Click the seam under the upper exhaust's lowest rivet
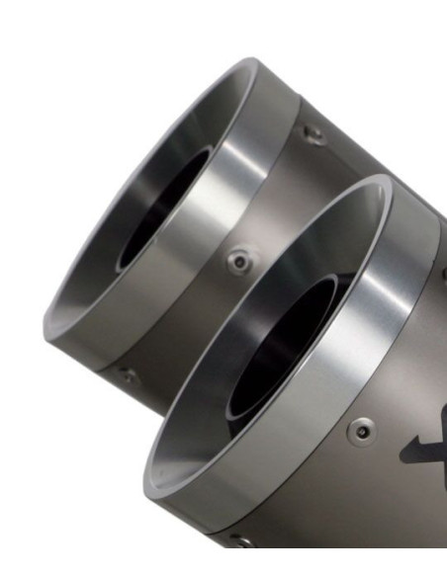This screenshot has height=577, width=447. click(x=109, y=385)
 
